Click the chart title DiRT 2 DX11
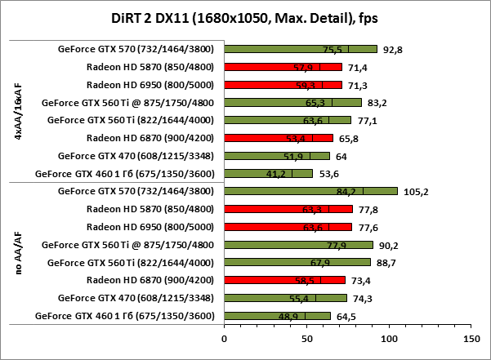click(245, 18)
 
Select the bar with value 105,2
click(310, 191)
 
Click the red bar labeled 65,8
click(279, 138)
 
